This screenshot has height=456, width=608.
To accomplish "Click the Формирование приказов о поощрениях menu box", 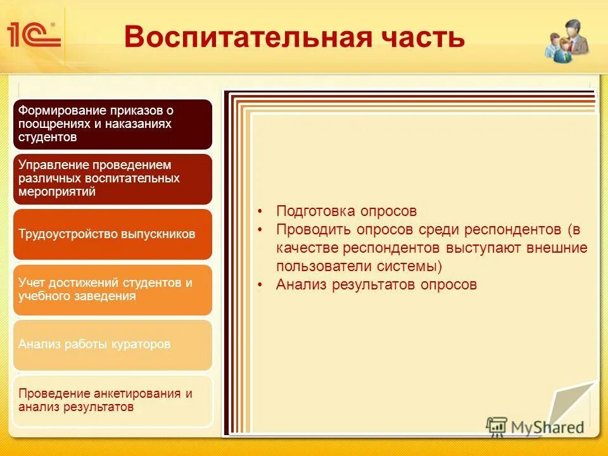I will point(112,123).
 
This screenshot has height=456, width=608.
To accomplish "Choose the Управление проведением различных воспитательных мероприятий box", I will point(112,179).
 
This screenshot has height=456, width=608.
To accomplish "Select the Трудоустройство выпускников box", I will point(112,234).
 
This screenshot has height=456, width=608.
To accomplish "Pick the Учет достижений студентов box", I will point(112,289).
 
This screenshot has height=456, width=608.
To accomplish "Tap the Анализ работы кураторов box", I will point(112,345).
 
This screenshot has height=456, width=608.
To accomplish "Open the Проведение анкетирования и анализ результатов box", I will point(112,400).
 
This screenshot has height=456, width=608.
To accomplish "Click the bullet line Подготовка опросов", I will point(346,211).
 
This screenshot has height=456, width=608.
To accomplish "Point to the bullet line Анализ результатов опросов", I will point(376,285).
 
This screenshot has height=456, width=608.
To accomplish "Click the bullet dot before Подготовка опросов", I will point(260,212).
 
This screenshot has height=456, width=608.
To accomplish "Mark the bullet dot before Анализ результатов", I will point(260,286).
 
